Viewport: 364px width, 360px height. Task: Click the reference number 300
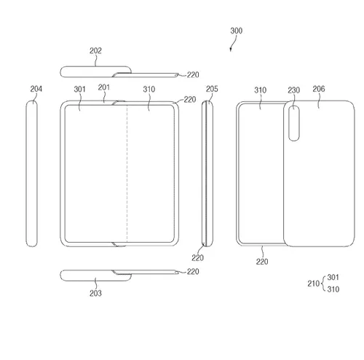pyautogui.click(x=236, y=31)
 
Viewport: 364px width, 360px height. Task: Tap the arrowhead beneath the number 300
pyautogui.click(x=231, y=50)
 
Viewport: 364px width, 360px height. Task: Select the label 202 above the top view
pyautogui.click(x=95, y=51)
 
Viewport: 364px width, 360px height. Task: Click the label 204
pyautogui.click(x=36, y=89)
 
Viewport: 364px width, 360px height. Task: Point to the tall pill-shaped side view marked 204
pyautogui.click(x=31, y=173)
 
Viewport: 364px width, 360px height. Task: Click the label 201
pyautogui.click(x=104, y=87)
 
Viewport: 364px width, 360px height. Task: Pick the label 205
pyautogui.click(x=212, y=89)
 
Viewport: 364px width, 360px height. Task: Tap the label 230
pyautogui.click(x=294, y=90)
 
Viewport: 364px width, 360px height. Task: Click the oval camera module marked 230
pyautogui.click(x=294, y=123)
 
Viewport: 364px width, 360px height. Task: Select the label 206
pyautogui.click(x=319, y=89)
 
